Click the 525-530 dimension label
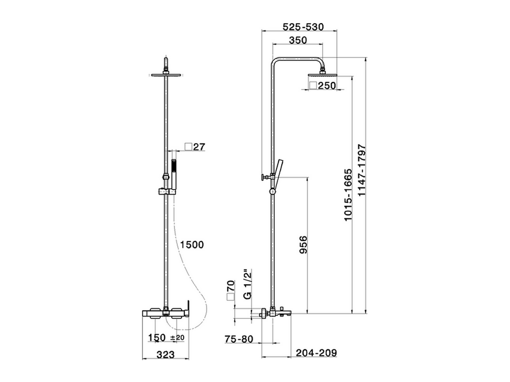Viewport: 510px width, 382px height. (x=303, y=27)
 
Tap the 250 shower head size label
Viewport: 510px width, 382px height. (x=327, y=86)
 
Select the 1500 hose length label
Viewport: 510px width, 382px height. (x=191, y=244)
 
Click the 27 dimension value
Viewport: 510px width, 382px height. (x=199, y=147)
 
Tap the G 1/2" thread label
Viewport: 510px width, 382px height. (x=247, y=285)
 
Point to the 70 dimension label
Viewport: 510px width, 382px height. (x=230, y=286)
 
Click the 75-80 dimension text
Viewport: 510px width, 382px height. (x=239, y=339)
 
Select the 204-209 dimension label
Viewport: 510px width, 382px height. (x=316, y=353)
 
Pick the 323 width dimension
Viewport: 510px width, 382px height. (x=165, y=354)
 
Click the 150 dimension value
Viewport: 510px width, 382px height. (x=157, y=338)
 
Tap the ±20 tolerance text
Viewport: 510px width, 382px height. (x=177, y=338)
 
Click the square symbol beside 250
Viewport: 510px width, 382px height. (x=313, y=86)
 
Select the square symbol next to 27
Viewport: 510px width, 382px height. (x=188, y=147)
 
